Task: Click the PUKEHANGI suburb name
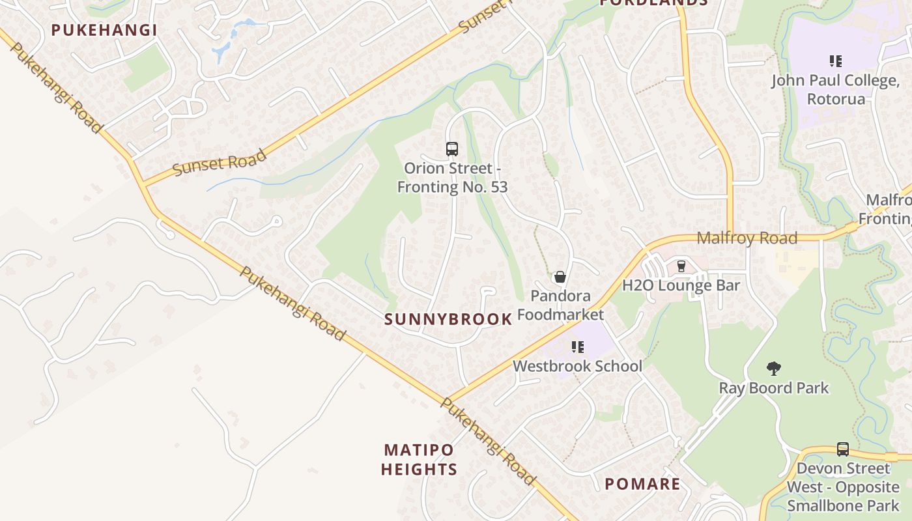[104, 30]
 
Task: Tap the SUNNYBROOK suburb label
[448, 319]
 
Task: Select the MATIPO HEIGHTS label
[419, 459]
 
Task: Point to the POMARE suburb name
[642, 484]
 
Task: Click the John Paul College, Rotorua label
[836, 90]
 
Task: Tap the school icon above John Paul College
[836, 62]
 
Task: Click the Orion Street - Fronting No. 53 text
[452, 177]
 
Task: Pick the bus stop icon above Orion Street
[452, 148]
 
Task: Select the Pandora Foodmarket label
[560, 305]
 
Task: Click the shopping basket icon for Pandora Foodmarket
[560, 277]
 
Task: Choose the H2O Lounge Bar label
[681, 285]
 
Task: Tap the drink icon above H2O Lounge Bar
[681, 266]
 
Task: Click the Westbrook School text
[577, 366]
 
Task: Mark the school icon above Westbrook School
[577, 347]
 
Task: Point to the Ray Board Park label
[773, 388]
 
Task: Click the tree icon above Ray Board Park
[773, 369]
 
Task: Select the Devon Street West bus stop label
[843, 486]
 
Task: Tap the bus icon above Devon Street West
[843, 449]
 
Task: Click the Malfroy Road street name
[747, 238]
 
